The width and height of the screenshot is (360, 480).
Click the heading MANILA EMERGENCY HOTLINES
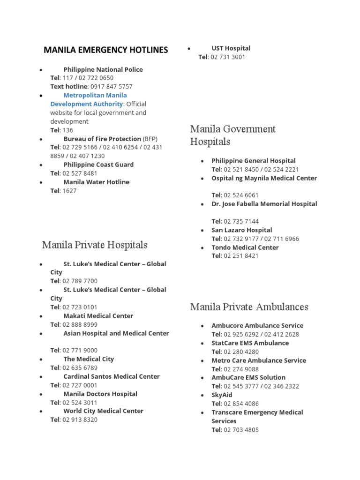point(105,50)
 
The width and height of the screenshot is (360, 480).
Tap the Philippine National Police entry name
point(103,69)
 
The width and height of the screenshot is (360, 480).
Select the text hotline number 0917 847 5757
point(111,87)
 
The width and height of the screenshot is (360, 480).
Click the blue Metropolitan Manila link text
point(95,95)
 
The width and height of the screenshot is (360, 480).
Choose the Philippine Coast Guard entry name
point(98,165)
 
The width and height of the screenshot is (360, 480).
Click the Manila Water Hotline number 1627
point(69,191)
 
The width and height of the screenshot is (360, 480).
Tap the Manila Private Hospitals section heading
point(95,245)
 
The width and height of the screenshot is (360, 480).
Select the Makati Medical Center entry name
point(98,316)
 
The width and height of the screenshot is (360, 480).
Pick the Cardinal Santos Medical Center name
point(112,376)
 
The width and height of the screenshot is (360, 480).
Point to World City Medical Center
point(104,411)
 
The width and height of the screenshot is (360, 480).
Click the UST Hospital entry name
point(231,48)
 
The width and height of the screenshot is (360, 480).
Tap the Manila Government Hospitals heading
point(232,135)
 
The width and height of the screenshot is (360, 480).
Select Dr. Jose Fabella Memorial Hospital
point(264,204)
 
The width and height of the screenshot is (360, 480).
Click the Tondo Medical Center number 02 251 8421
point(241,256)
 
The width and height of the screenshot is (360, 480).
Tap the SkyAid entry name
point(222,395)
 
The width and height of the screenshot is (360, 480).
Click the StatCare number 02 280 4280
point(241,352)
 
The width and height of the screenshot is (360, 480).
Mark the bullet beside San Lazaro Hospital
point(202,231)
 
